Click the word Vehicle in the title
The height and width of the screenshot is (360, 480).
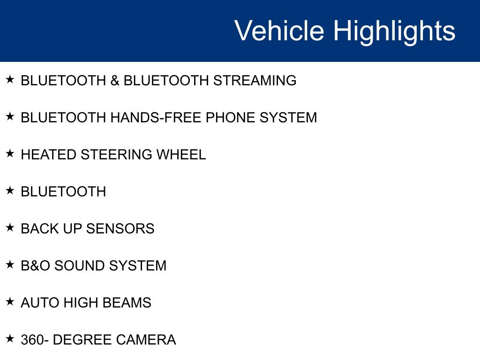pos(279,30)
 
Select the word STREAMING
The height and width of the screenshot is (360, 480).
pos(255,81)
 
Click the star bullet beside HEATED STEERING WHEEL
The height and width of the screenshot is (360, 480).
pos(10,153)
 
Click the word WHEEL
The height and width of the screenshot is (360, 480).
pos(181,155)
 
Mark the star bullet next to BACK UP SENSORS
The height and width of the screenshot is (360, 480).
pos(10,227)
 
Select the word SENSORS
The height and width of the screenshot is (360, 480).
pos(120,229)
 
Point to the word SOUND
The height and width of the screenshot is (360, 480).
pos(79,266)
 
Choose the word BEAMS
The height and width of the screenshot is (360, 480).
pos(127,303)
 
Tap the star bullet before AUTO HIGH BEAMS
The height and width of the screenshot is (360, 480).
pos(10,301)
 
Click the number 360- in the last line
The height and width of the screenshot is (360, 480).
pos(35,340)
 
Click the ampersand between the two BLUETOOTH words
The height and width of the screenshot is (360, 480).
pos(115,81)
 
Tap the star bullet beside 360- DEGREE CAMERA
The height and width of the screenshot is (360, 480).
pos(10,338)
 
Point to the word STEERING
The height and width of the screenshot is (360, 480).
pos(116,155)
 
